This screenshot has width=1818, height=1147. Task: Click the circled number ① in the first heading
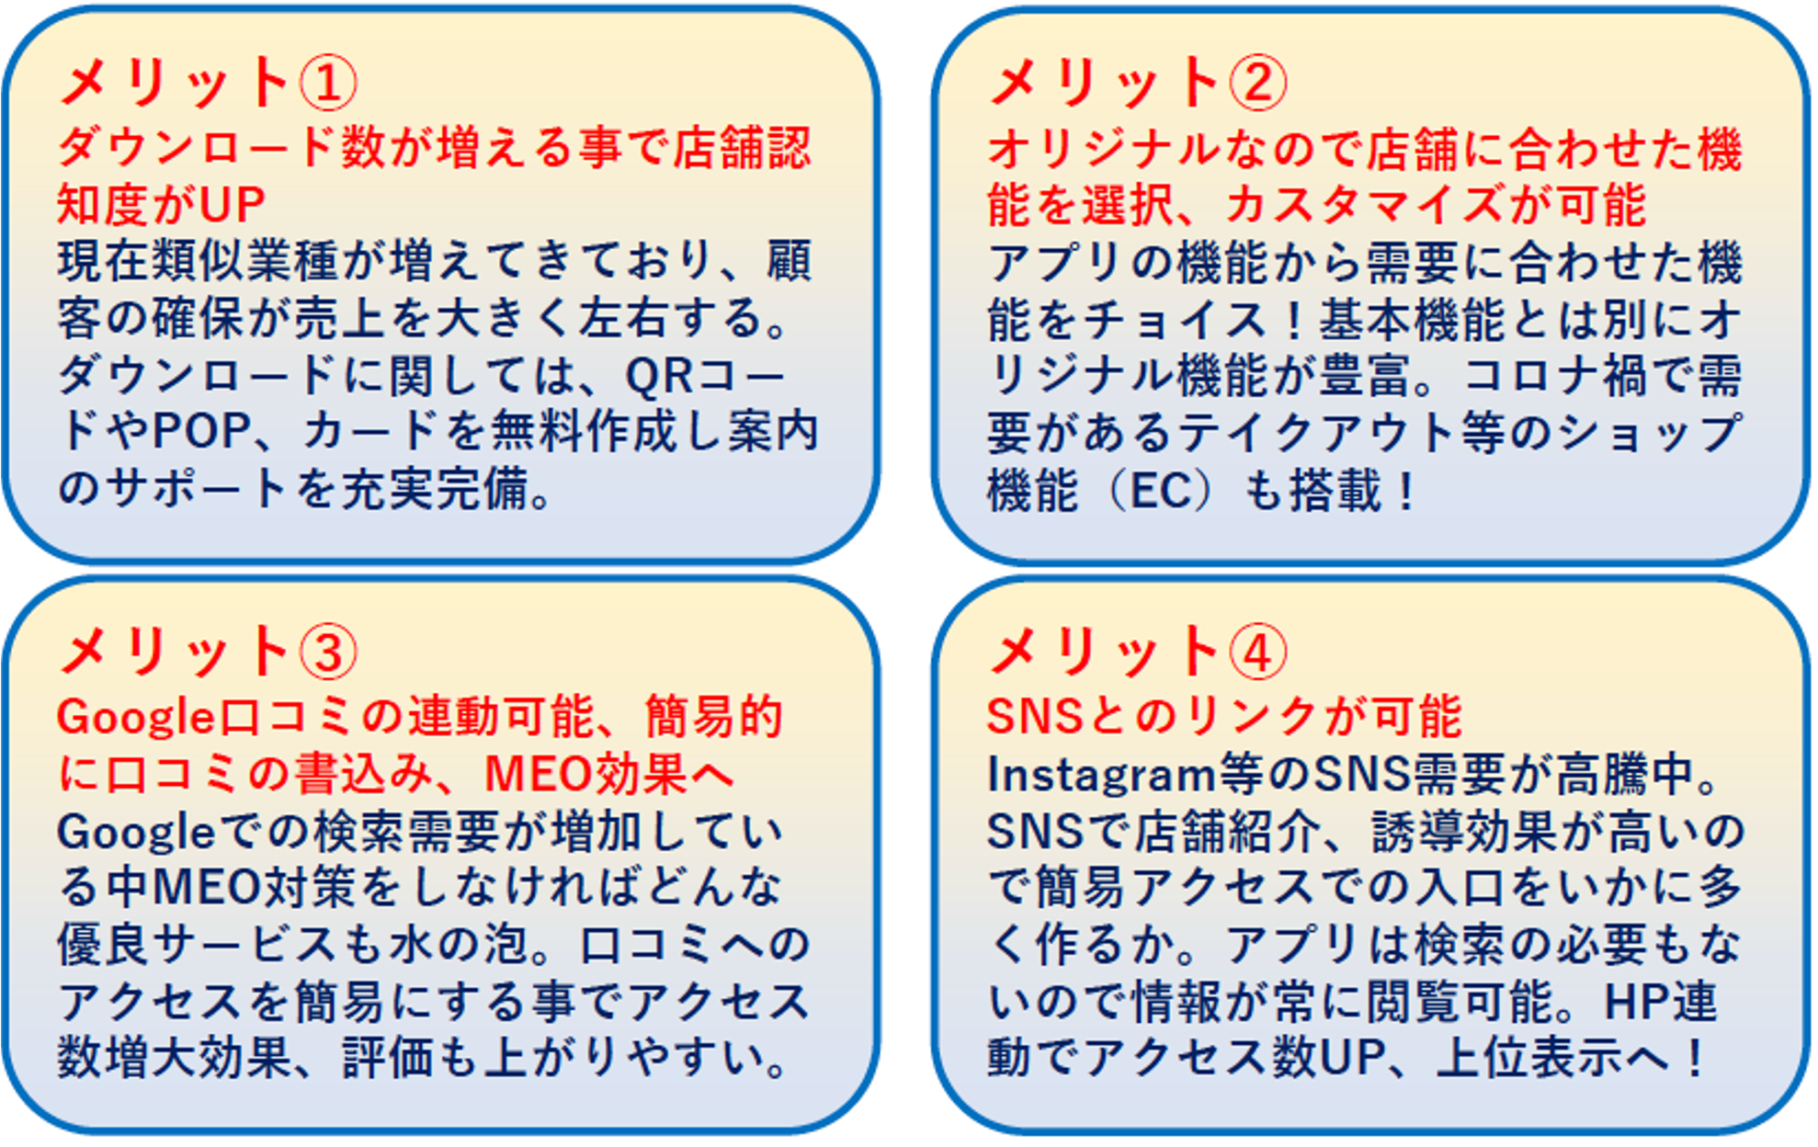(x=328, y=84)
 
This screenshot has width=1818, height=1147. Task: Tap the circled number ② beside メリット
(x=1257, y=84)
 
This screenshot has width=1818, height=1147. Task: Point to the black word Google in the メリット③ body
(x=136, y=834)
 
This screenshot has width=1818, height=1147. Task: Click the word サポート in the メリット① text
(x=199, y=489)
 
